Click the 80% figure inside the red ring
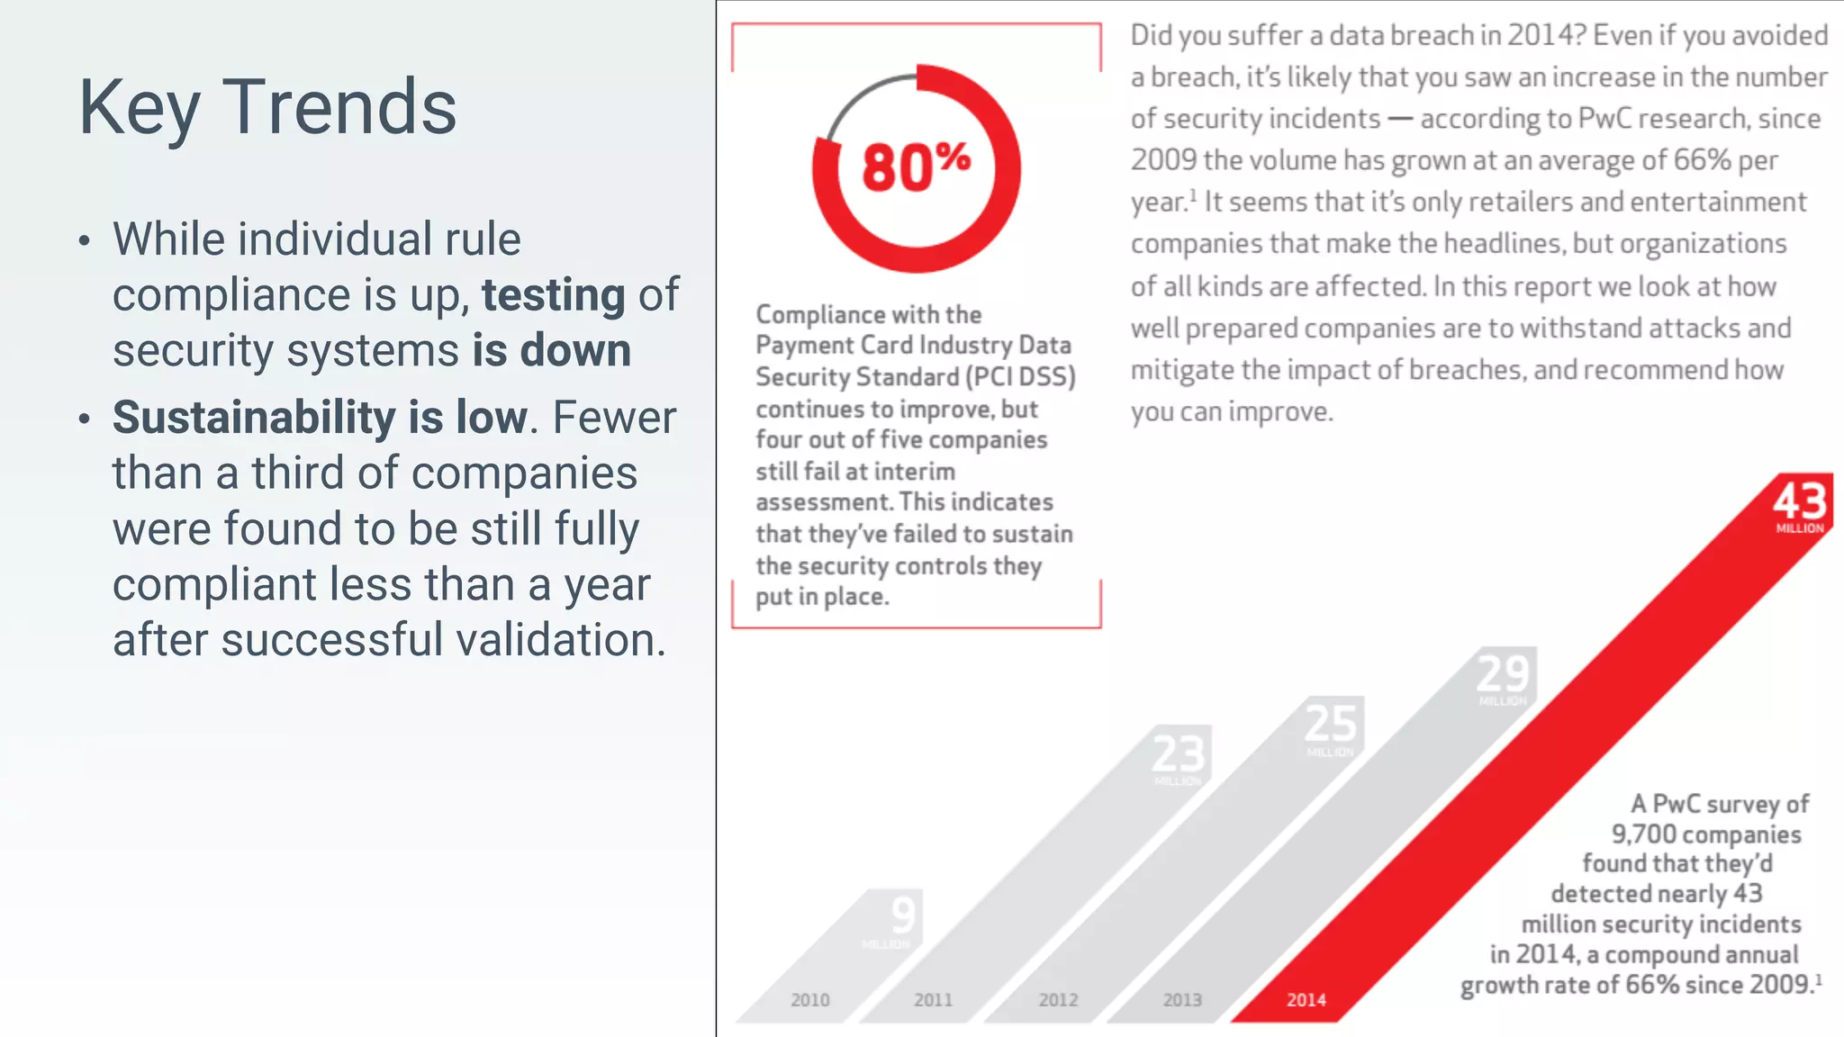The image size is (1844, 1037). coord(915,167)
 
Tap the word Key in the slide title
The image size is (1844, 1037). coord(139,108)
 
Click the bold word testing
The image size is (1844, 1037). coord(553,295)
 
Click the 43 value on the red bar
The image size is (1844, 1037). coord(1800,500)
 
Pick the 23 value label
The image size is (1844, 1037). coord(1178,753)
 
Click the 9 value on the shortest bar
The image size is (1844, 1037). coord(903,915)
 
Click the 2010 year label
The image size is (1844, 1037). coord(809,1000)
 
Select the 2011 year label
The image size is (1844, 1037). coord(933,1000)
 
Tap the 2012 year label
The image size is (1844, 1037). coord(1058,1000)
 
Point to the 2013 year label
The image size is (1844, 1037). coord(1182,1000)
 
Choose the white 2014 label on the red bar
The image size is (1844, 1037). coord(1306,1000)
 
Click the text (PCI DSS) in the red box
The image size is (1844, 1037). coord(1021,377)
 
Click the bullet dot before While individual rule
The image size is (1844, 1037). coord(85,240)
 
